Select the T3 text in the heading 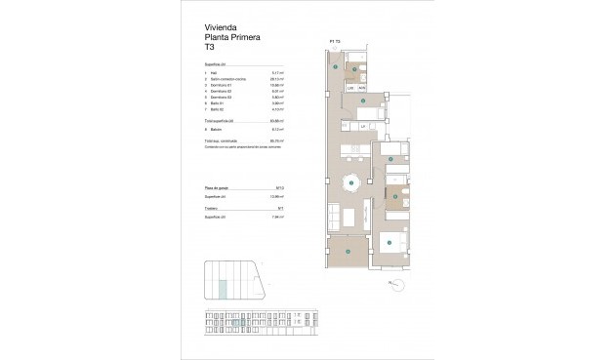210,47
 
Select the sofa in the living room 333,215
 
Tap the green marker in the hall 336,69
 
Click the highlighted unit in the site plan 222,288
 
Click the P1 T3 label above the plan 335,41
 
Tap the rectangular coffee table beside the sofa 348,216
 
